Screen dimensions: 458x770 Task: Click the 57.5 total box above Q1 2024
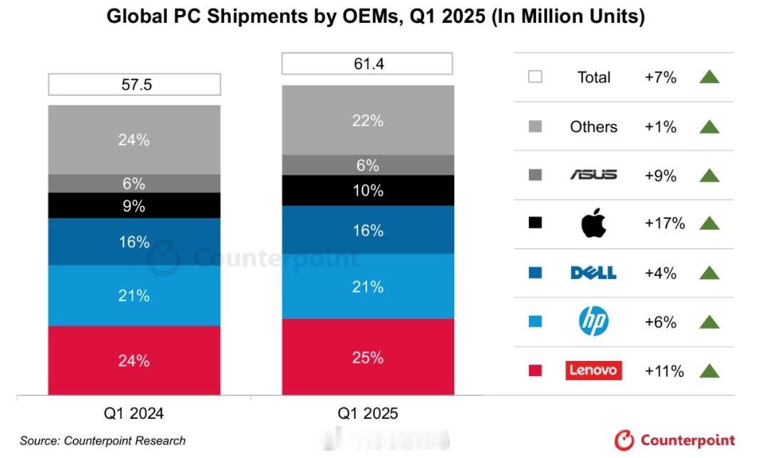click(x=134, y=85)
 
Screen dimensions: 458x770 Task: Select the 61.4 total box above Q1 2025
click(x=367, y=63)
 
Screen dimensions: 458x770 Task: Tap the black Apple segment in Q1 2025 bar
click(x=368, y=190)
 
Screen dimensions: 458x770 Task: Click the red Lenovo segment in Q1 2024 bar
click(x=134, y=360)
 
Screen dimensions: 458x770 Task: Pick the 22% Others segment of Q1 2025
click(x=368, y=121)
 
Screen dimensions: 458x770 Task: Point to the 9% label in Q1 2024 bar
click(x=134, y=206)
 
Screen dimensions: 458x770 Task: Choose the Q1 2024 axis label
click(x=134, y=413)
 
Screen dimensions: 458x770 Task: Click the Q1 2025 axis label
click(x=368, y=413)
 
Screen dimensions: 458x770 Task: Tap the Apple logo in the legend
click(x=593, y=223)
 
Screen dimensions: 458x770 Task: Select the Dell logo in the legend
click(x=593, y=273)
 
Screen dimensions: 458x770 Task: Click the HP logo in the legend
click(x=593, y=322)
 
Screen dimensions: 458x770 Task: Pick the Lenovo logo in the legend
click(x=593, y=370)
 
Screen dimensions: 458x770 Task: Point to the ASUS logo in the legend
click(x=593, y=175)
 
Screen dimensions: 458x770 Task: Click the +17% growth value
click(x=664, y=223)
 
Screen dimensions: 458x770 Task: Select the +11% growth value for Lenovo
click(x=664, y=371)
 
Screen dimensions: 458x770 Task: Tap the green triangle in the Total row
click(x=709, y=77)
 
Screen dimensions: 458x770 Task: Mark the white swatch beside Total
click(x=535, y=77)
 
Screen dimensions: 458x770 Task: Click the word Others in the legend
click(x=593, y=126)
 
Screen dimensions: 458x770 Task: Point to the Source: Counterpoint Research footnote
click(x=103, y=441)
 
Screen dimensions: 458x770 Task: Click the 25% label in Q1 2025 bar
click(x=368, y=357)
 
